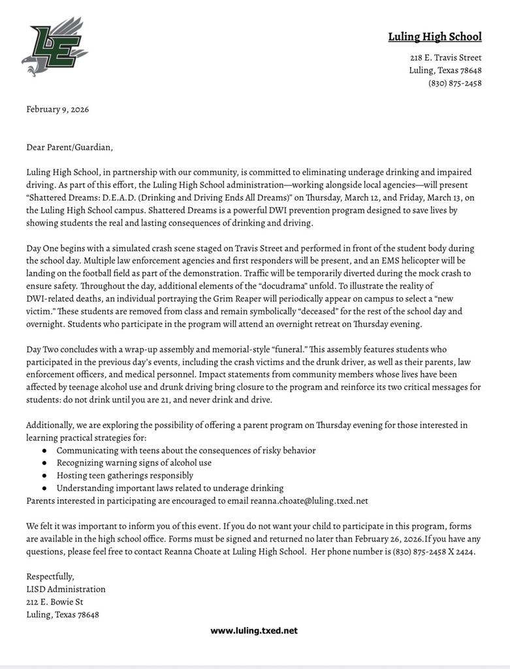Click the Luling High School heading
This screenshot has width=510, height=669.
[435, 37]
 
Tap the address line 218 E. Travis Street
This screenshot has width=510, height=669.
[446, 57]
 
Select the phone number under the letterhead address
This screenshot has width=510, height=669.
[455, 83]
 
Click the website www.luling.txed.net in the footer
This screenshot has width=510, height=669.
[254, 630]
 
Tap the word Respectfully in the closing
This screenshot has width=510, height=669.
[50, 576]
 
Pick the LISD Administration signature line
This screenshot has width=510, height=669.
[65, 589]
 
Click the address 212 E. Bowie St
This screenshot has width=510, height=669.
[55, 602]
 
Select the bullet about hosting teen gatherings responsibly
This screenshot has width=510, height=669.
[125, 476]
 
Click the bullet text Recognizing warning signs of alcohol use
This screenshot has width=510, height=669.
[142, 463]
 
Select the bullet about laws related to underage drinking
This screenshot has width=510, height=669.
[170, 488]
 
